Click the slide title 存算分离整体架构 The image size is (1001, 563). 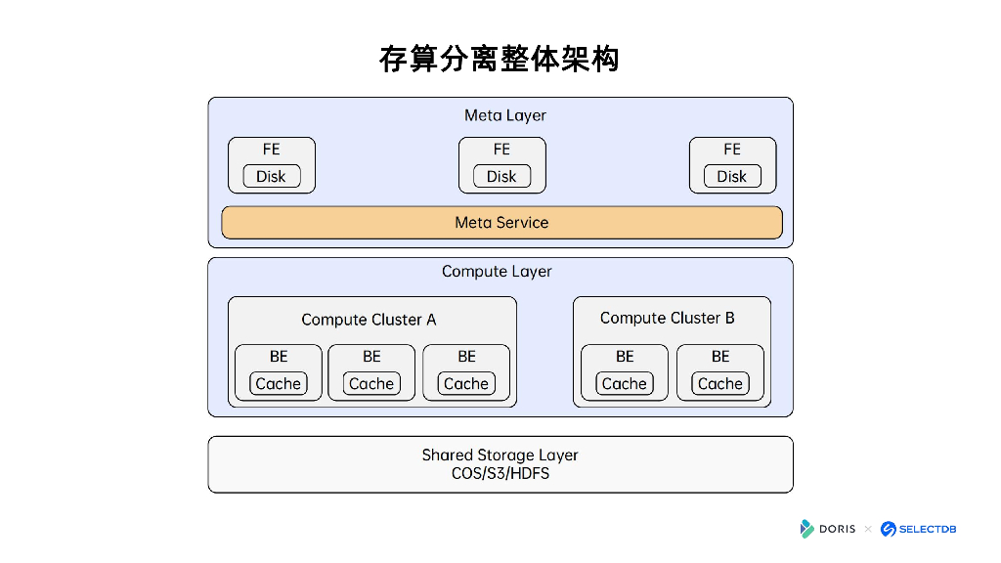(x=500, y=59)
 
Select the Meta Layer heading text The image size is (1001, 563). (x=504, y=115)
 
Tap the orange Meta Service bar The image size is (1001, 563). (x=501, y=223)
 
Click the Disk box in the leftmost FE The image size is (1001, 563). (x=271, y=177)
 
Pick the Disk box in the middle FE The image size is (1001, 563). (x=501, y=177)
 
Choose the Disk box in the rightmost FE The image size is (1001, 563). (x=731, y=177)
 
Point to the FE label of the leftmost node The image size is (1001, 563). (x=271, y=150)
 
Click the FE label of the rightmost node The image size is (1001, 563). (x=731, y=150)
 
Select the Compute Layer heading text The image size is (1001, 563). (x=497, y=272)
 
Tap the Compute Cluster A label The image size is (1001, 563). (x=369, y=320)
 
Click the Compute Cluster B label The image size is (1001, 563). (x=667, y=319)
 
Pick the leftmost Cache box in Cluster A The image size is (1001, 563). (x=278, y=384)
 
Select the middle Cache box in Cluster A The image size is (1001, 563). (x=371, y=384)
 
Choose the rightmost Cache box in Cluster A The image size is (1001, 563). (x=466, y=384)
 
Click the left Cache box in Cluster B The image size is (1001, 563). (x=625, y=384)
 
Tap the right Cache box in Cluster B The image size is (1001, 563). (x=720, y=384)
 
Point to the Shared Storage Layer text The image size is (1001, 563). (x=500, y=455)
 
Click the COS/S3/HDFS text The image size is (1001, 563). (x=500, y=474)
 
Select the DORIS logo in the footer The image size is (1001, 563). (x=827, y=529)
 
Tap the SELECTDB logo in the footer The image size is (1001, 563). (x=918, y=529)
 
